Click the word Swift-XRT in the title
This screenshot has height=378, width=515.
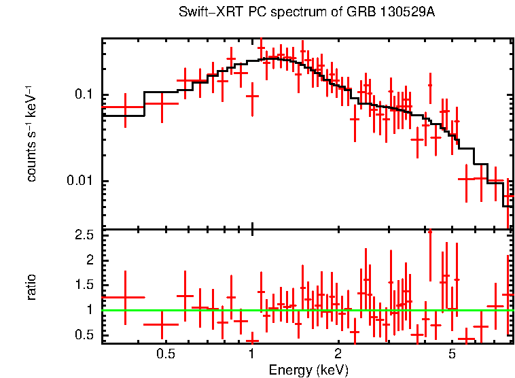[205, 12]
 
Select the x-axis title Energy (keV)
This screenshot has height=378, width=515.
[308, 370]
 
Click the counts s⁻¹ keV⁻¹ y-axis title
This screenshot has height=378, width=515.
[31, 133]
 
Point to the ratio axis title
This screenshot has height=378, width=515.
[31, 286]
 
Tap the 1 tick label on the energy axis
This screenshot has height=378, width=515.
[252, 354]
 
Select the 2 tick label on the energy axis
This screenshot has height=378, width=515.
[338, 354]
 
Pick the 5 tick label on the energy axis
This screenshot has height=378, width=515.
[452, 354]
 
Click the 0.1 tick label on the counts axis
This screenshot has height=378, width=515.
[84, 94]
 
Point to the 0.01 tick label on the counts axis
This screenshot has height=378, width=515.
[81, 181]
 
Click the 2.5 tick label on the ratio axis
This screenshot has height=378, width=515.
[84, 235]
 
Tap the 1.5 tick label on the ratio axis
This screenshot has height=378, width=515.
[84, 285]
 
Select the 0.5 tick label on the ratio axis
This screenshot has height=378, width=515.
[84, 334]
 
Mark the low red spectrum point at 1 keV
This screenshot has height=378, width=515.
[253, 96]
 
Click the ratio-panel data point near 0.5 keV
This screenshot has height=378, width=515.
[162, 324]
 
